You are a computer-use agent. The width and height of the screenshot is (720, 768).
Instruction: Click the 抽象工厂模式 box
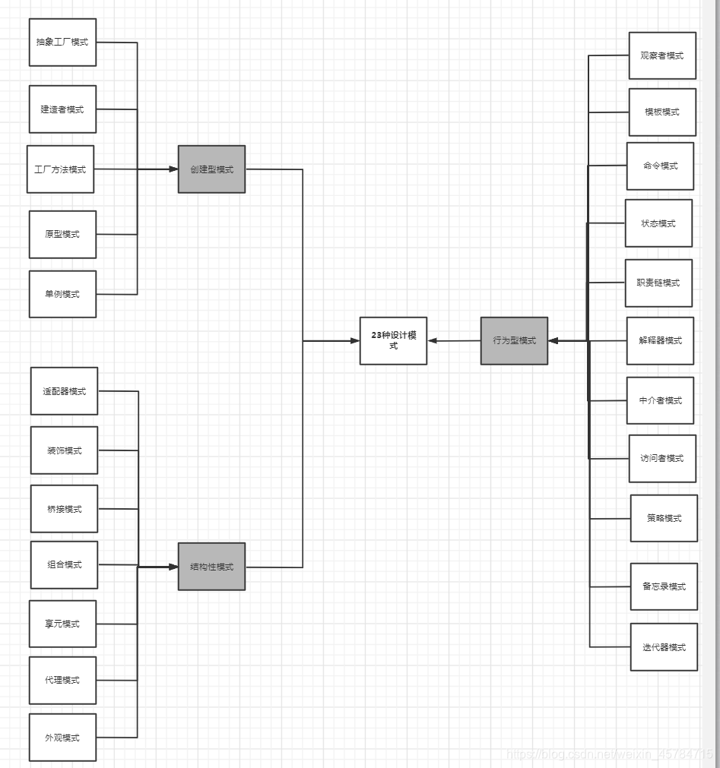coord(62,43)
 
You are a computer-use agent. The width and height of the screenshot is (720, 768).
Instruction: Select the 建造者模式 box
coord(62,109)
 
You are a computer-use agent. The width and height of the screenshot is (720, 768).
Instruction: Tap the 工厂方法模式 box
coord(60,169)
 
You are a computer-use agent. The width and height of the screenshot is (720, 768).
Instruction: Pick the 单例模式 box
coord(62,294)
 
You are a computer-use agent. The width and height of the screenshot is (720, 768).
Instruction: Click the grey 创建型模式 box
coord(211,169)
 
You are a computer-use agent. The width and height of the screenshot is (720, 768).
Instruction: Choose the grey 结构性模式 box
coord(211,567)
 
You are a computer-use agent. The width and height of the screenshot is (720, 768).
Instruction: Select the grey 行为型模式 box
coord(514,341)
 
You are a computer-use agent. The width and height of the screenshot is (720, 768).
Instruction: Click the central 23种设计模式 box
coord(393,341)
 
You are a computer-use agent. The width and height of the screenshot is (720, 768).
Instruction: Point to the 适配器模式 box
coord(64,391)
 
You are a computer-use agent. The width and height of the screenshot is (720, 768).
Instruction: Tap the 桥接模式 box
coord(64,509)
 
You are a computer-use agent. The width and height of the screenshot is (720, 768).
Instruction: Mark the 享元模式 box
coord(62,624)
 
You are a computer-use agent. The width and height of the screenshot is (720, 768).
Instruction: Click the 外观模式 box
coord(62,738)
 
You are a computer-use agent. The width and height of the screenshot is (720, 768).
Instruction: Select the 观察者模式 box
coord(662,55)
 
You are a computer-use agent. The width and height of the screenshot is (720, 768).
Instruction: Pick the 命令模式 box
coord(660,166)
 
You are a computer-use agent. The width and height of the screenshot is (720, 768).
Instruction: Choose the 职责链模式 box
coord(658,283)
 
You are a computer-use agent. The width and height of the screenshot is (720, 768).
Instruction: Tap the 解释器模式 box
coord(660,341)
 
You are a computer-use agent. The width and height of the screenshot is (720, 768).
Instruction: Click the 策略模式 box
coord(664,518)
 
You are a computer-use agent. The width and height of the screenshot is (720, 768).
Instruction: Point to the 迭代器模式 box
coord(664,647)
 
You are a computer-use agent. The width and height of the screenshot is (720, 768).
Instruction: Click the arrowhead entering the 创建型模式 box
coord(173,169)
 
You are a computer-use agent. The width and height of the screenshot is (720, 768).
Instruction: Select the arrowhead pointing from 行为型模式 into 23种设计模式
coord(433,341)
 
